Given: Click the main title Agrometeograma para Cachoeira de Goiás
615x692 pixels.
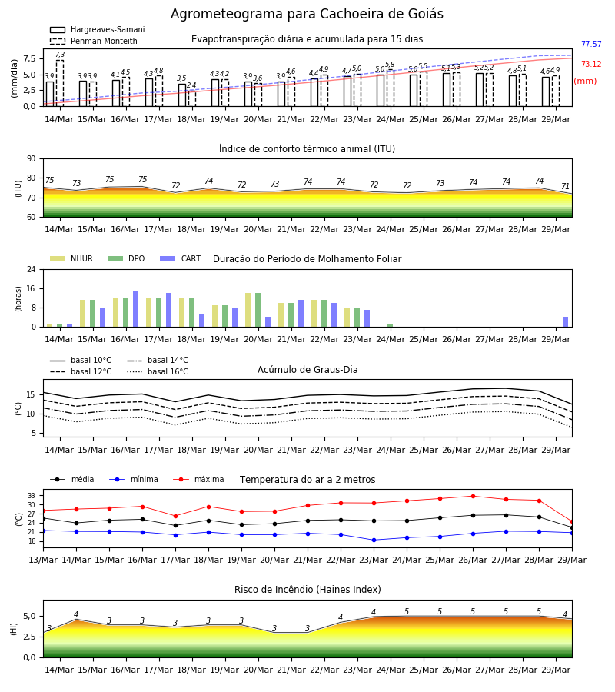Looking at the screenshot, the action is [x=307, y=14].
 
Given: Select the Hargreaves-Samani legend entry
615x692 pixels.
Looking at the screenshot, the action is [x=97, y=29].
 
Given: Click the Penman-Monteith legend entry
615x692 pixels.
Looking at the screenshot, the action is [x=94, y=41].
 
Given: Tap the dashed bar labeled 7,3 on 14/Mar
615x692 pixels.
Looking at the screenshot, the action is [x=59, y=83].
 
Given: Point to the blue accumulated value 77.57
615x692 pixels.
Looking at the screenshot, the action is [x=591, y=44].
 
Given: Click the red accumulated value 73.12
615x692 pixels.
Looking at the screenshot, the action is [x=591, y=64].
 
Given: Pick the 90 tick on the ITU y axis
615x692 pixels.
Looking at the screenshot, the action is [x=32, y=159].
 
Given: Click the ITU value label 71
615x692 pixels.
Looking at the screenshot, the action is [x=565, y=186].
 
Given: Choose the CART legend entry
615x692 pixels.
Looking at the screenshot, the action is [x=181, y=258].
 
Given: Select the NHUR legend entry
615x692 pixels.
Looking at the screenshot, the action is [x=71, y=258].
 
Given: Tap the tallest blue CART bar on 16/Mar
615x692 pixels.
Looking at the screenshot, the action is [x=135, y=309].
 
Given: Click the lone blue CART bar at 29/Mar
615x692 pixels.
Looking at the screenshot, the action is [x=565, y=322].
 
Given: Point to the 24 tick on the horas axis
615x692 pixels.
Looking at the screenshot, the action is [x=32, y=269].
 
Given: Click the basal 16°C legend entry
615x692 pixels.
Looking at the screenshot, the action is [x=158, y=371].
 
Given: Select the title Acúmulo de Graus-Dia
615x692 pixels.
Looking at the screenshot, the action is [x=307, y=370].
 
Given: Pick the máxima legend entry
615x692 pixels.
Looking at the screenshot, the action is [x=198, y=479].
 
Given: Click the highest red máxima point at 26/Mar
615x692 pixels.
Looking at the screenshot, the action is [x=473, y=496].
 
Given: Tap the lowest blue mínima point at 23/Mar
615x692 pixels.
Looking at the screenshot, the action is [x=374, y=540].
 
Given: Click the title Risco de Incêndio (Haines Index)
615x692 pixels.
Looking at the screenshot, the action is [x=307, y=590].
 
